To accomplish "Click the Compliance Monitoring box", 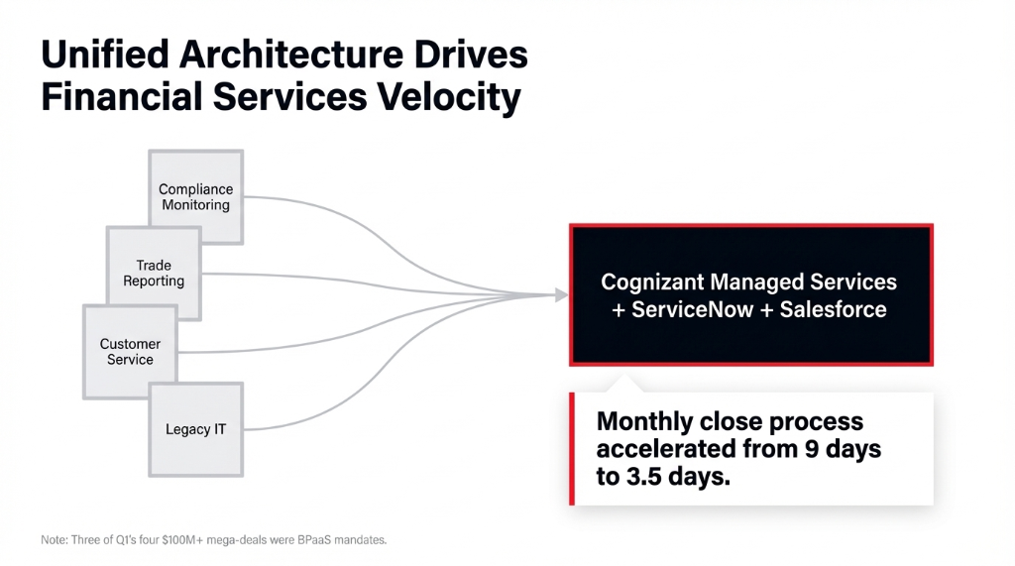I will pyautogui.click(x=195, y=197).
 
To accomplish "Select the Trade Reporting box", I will pyautogui.click(x=154, y=273).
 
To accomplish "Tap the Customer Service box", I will pyautogui.click(x=130, y=352).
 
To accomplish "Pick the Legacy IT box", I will pyautogui.click(x=195, y=429).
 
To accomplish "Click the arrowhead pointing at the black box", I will pyautogui.click(x=561, y=294).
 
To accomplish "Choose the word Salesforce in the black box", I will pyautogui.click(x=833, y=309).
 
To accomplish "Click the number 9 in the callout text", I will pyautogui.click(x=810, y=448).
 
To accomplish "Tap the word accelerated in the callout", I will pyautogui.click(x=666, y=448).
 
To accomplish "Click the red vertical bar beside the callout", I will pyautogui.click(x=572, y=448).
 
